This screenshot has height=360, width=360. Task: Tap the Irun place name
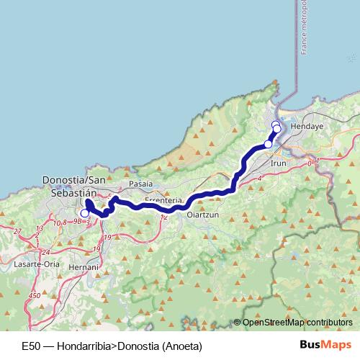click(x=278, y=163)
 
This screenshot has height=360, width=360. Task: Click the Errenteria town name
click(x=163, y=199)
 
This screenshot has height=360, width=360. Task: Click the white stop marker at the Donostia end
click(x=84, y=213)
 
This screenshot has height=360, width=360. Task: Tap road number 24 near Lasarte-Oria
click(x=46, y=252)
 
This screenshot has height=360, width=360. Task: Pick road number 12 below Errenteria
click(x=164, y=217)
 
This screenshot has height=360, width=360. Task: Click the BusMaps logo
click(x=320, y=345)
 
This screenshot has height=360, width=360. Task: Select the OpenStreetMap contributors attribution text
click(x=297, y=323)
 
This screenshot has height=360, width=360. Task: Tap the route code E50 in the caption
click(x=31, y=346)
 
